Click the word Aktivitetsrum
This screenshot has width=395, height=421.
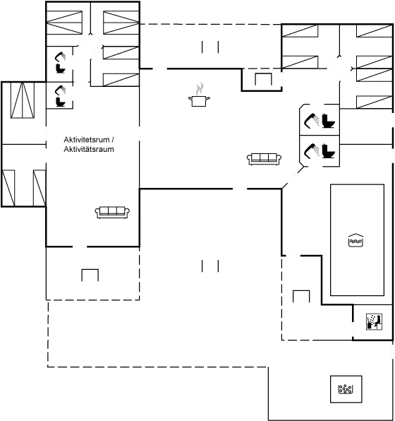pos(87,140)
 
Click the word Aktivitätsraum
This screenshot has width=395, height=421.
pos(89,149)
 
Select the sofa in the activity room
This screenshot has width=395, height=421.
pos(112,213)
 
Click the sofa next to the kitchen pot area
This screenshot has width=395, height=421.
pos(264,159)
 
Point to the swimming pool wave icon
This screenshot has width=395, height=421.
pos(355,240)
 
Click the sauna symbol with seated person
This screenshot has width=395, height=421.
pos(375,321)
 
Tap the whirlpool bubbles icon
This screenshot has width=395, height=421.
pos(346,389)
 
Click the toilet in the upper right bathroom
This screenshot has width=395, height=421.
pos(329,121)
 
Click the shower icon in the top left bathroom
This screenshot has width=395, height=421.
pos(61,57)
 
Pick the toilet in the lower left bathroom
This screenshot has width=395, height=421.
pos(61,102)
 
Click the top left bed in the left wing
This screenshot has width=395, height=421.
pos(64,23)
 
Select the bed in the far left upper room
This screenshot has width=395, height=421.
pos(23,100)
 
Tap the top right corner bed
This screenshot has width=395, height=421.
pos(375,30)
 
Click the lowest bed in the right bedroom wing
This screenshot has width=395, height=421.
pos(375,102)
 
